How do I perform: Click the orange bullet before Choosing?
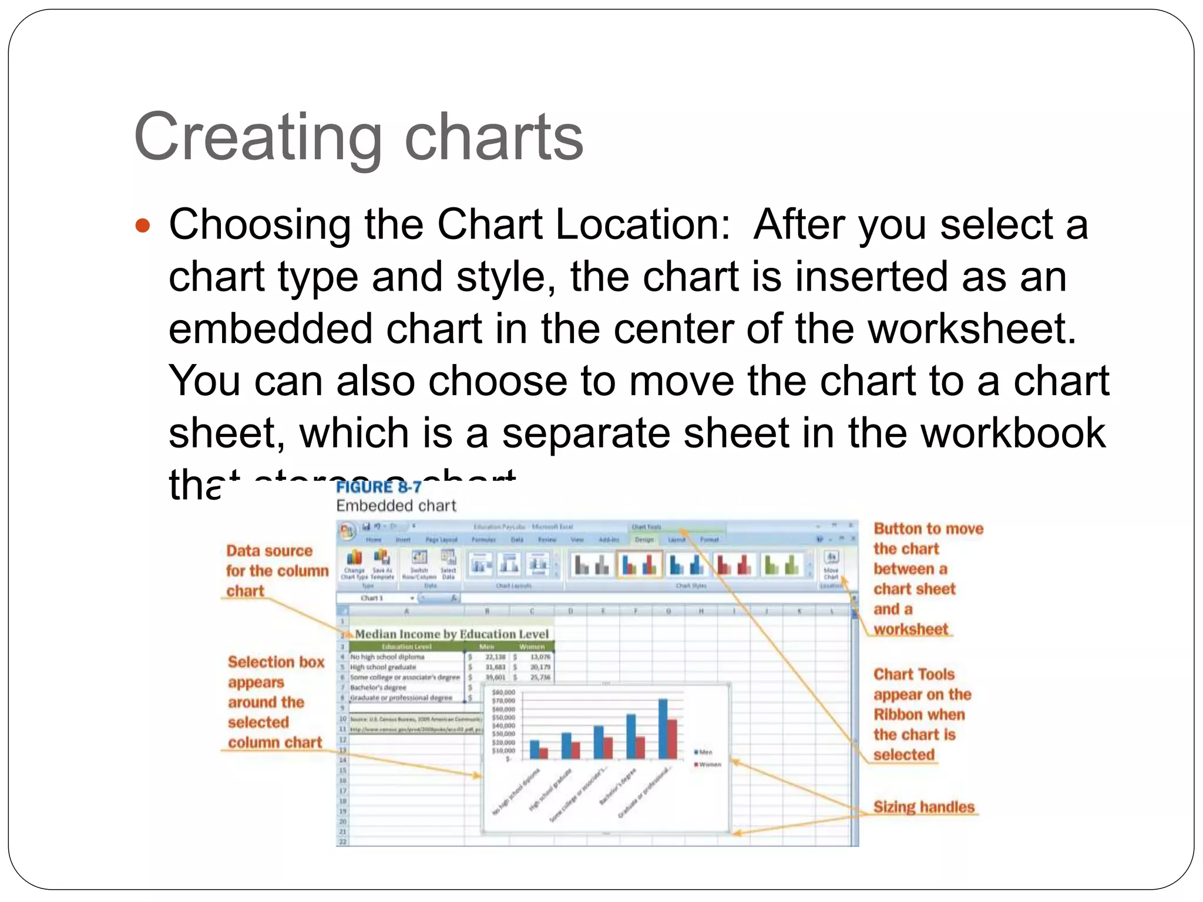point(143,225)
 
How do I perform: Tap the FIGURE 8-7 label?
point(379,487)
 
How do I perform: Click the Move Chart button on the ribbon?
point(831,564)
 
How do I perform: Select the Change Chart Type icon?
point(354,564)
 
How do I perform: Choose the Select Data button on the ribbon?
point(448,564)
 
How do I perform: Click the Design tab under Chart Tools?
point(644,539)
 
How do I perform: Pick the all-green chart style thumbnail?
point(782,565)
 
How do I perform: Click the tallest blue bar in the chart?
point(663,728)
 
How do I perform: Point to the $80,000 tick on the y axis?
point(503,692)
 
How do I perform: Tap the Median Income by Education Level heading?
point(451,634)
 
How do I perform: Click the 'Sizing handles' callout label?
point(923,807)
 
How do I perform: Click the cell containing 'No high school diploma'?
point(387,657)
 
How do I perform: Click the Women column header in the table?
point(532,647)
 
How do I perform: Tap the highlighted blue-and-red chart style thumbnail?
point(639,565)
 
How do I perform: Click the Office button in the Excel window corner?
point(347,531)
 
